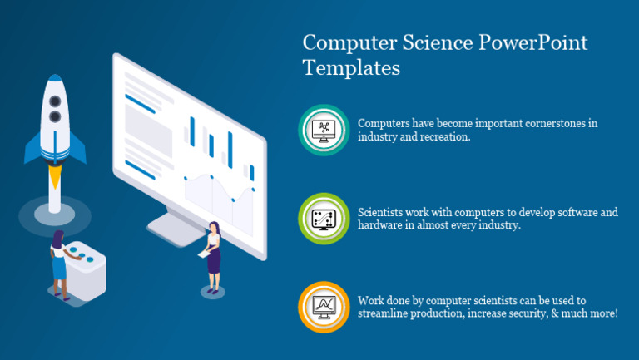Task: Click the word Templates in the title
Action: [351, 67]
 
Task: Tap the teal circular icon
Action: [323, 130]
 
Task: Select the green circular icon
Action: [323, 219]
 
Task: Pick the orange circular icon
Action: [323, 307]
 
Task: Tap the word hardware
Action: [380, 226]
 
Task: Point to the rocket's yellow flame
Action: [55, 175]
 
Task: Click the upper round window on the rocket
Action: [55, 101]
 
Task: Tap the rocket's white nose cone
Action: [55, 84]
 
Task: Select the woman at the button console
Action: [60, 264]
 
